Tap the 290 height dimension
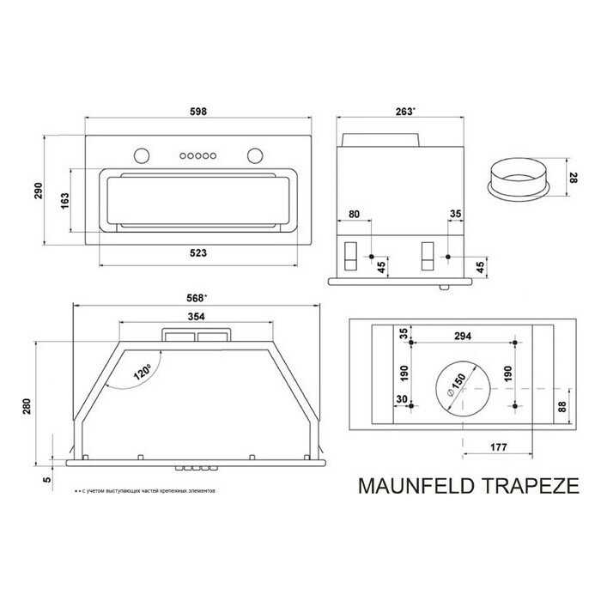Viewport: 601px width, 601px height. pos(39,191)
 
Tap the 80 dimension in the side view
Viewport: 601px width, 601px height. pos(355,215)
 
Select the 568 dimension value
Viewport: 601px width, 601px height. pos(198,298)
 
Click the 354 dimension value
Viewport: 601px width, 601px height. pos(196,316)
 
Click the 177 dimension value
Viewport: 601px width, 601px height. pos(499,447)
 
